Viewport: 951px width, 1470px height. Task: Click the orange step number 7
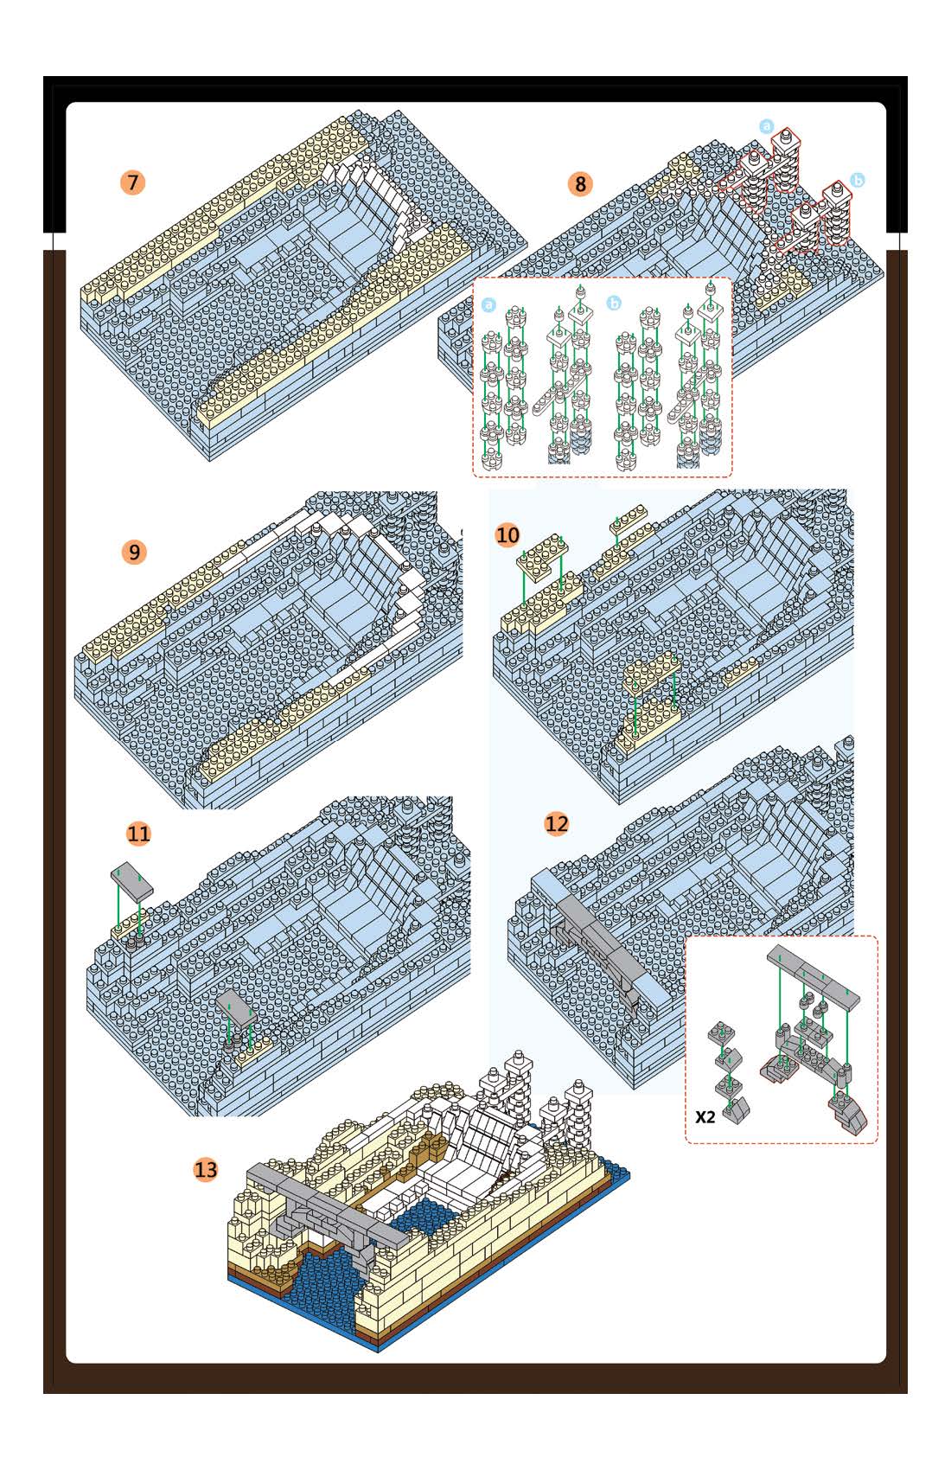132,182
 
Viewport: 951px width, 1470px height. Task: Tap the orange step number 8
580,183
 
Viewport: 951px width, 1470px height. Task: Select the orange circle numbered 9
134,552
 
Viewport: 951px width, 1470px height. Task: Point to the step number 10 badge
507,535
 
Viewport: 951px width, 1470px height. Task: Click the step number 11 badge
138,834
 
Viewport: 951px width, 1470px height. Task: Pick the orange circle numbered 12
557,823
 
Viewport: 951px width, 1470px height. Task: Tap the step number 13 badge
206,1169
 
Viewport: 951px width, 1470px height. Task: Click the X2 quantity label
705,1117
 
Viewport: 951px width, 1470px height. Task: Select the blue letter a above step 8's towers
766,126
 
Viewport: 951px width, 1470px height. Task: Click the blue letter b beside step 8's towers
857,180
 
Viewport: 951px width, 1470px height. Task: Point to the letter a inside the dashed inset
488,304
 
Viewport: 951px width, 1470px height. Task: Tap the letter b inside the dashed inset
614,303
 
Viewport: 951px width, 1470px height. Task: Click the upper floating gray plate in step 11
132,880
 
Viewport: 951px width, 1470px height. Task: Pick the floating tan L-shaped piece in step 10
542,557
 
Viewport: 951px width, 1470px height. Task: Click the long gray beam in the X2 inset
814,977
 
